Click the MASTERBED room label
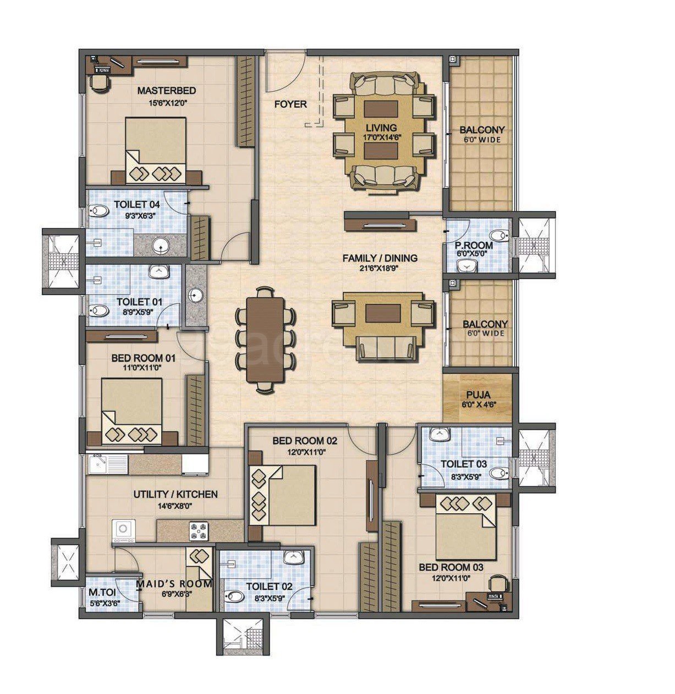pyautogui.click(x=167, y=91)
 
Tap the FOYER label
pyautogui.click(x=290, y=104)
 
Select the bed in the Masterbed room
pyautogui.click(x=156, y=150)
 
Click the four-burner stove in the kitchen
pyautogui.click(x=199, y=531)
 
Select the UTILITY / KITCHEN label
pyautogui.click(x=175, y=495)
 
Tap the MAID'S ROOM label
pyautogui.click(x=174, y=584)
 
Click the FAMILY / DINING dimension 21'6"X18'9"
pyautogui.click(x=380, y=268)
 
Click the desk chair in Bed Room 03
pyautogui.click(x=498, y=582)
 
